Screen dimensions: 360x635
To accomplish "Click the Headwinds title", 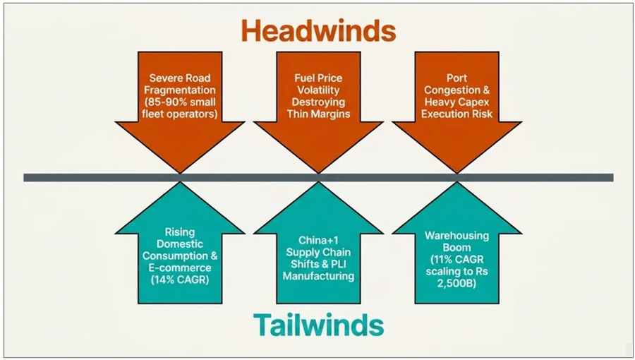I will pos(318,31).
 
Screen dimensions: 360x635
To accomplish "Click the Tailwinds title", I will pos(318,325).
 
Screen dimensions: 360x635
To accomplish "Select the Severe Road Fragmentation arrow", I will pos(180,106).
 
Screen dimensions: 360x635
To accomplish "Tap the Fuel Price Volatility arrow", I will pos(318,106).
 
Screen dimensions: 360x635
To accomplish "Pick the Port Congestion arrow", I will pos(456,106).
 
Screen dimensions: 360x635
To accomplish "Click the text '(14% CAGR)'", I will pos(180,280).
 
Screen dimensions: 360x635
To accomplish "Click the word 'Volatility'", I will pos(318,90).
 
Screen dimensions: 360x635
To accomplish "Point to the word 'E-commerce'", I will pos(180,268).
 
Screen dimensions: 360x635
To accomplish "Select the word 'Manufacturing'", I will pos(318,275).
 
